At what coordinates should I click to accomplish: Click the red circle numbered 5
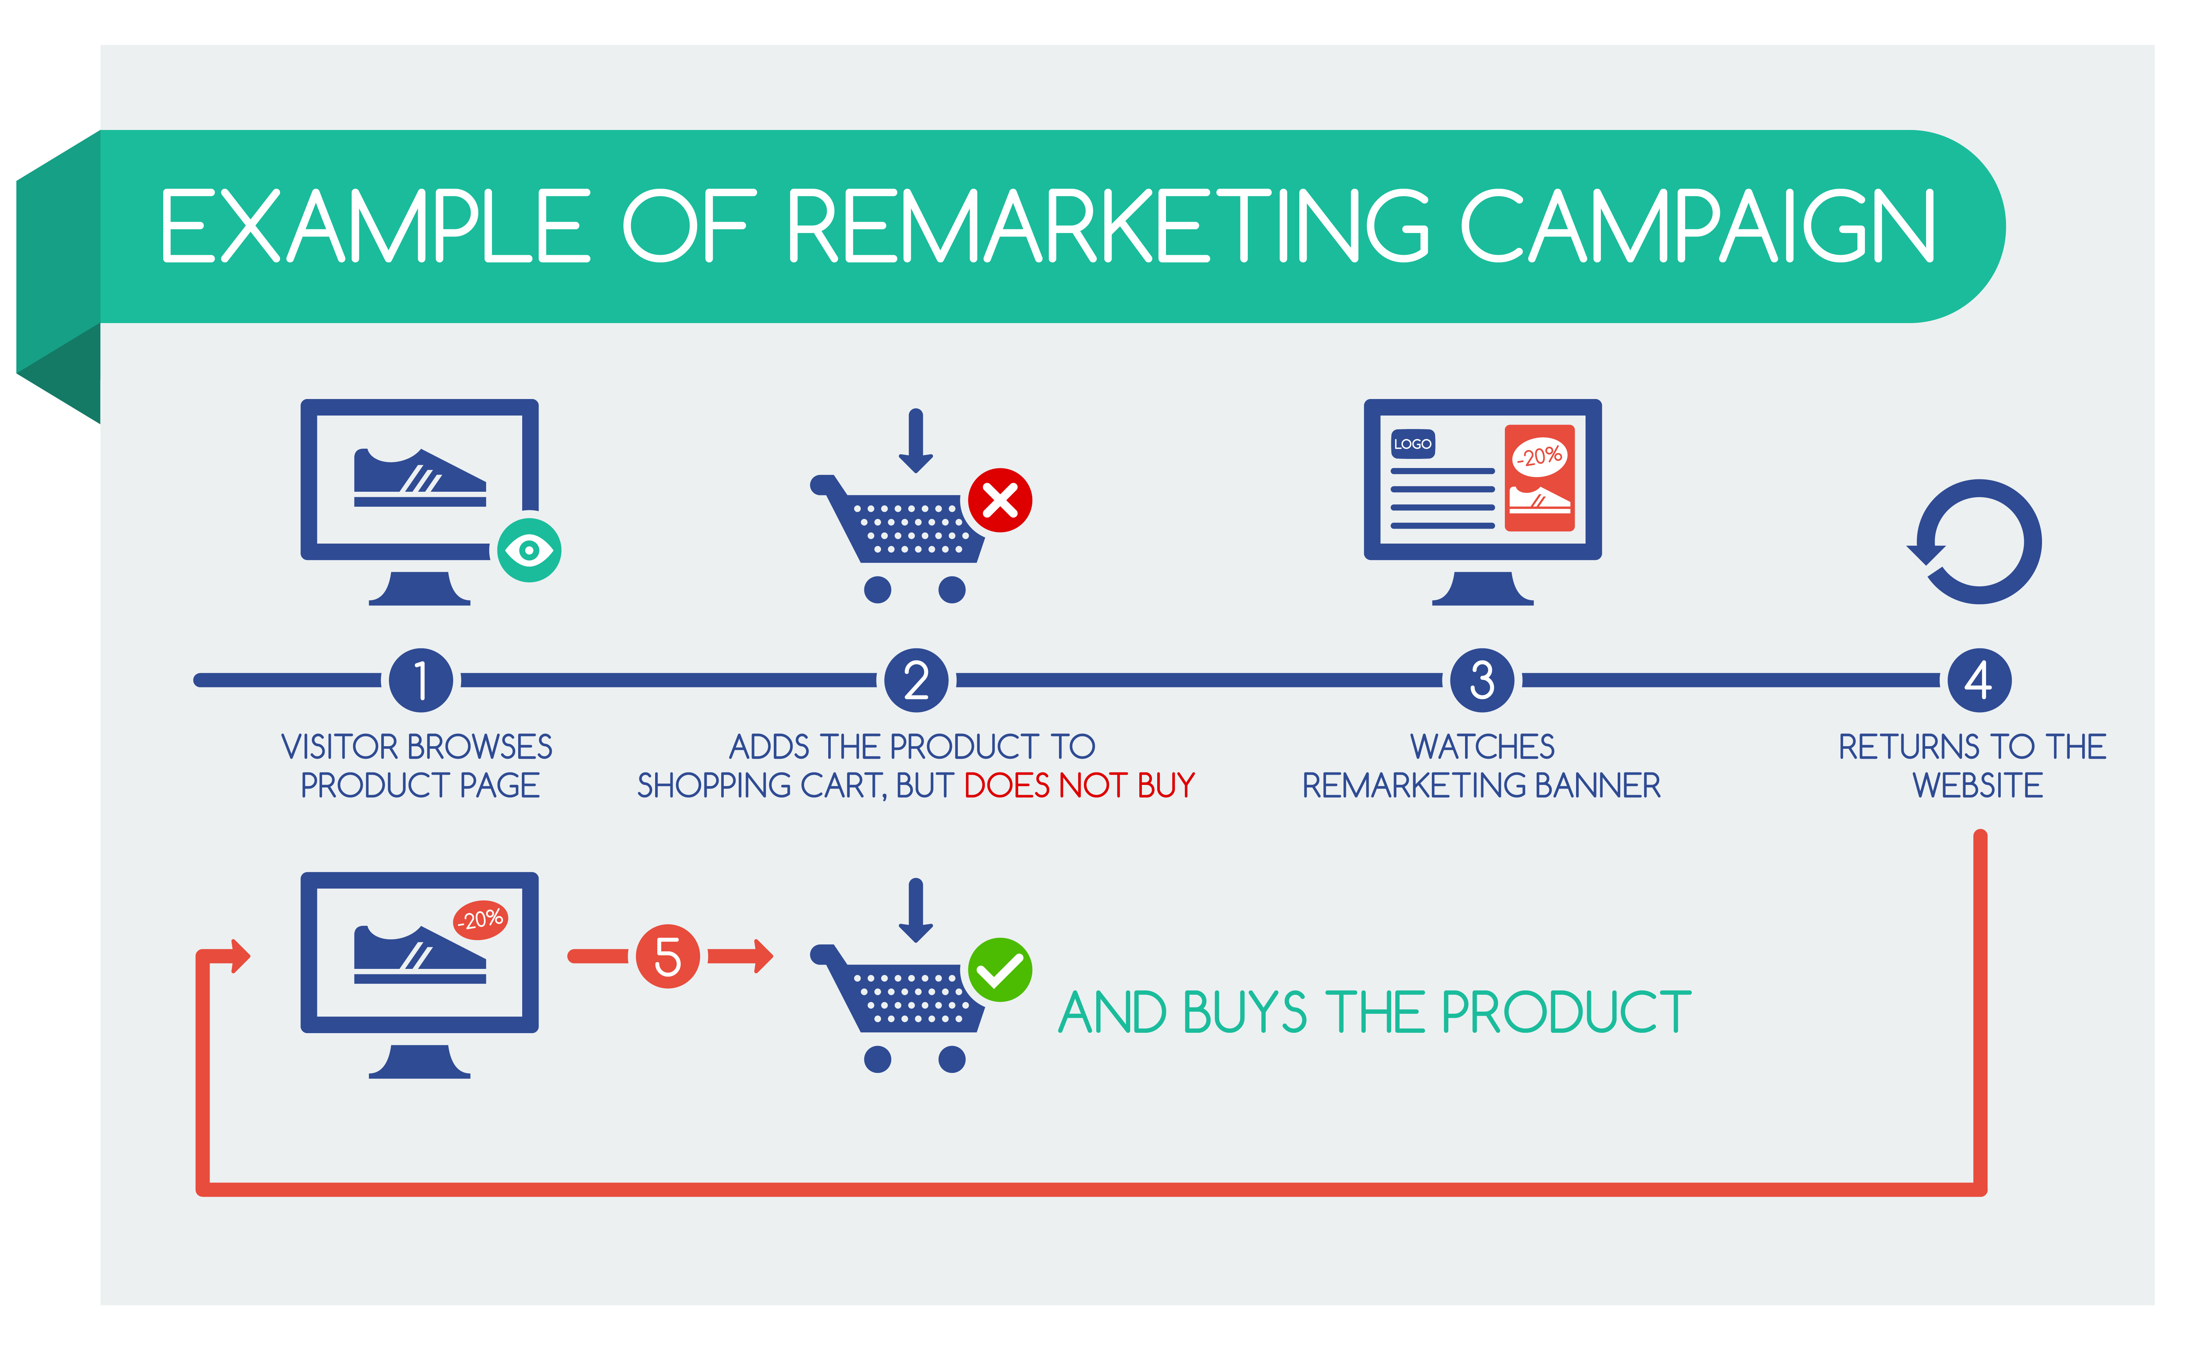(668, 957)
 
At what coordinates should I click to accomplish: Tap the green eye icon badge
(529, 550)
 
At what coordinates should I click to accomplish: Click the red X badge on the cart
(1000, 500)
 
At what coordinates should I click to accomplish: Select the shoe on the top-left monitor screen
(419, 478)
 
